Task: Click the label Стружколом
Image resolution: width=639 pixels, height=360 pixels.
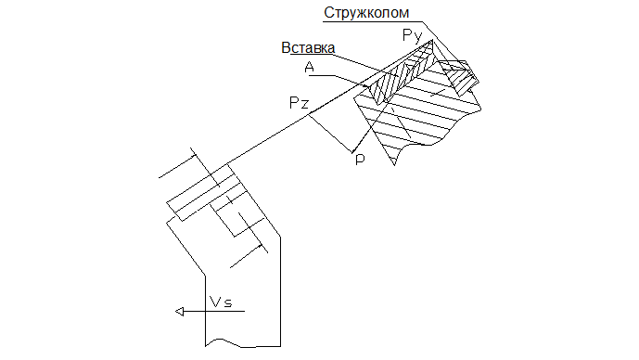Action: tap(366, 14)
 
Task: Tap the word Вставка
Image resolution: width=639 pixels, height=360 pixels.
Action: tap(308, 47)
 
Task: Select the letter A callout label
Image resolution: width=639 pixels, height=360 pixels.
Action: tap(310, 67)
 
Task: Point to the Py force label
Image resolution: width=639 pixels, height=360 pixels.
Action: tap(412, 36)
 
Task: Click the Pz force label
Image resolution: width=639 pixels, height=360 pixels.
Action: tap(299, 102)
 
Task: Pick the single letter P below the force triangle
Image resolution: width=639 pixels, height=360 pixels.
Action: tap(360, 160)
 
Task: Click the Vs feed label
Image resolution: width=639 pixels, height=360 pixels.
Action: tap(221, 302)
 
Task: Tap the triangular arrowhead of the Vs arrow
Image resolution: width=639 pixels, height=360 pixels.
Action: tap(180, 312)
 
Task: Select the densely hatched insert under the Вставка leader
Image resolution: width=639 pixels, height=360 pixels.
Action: tap(401, 75)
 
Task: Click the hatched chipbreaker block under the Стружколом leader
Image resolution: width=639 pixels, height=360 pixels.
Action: tap(458, 78)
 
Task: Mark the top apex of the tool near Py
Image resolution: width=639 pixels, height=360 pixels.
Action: tap(432, 41)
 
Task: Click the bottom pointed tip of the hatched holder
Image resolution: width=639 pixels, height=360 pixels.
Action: tap(394, 165)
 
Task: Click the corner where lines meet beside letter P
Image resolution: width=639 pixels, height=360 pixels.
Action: tap(352, 152)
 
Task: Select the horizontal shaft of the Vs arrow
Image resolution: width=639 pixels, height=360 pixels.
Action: tap(211, 312)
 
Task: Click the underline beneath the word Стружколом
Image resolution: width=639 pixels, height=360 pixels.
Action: tap(373, 21)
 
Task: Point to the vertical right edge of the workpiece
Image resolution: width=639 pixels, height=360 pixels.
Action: tap(280, 291)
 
